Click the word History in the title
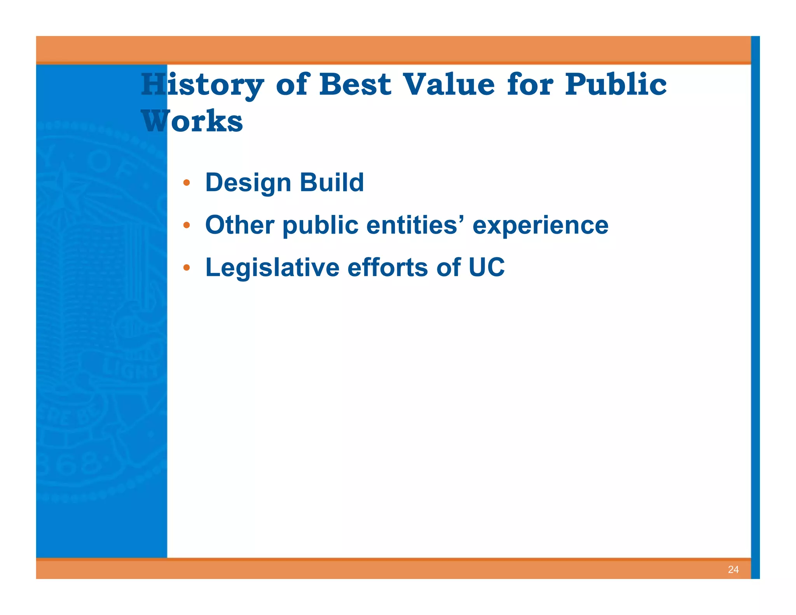202,85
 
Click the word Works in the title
192,121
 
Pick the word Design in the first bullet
248,183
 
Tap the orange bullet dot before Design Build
187,183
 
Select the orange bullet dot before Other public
187,225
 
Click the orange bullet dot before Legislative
187,267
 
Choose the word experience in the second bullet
540,225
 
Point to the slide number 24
733,570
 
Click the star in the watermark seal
62,190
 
